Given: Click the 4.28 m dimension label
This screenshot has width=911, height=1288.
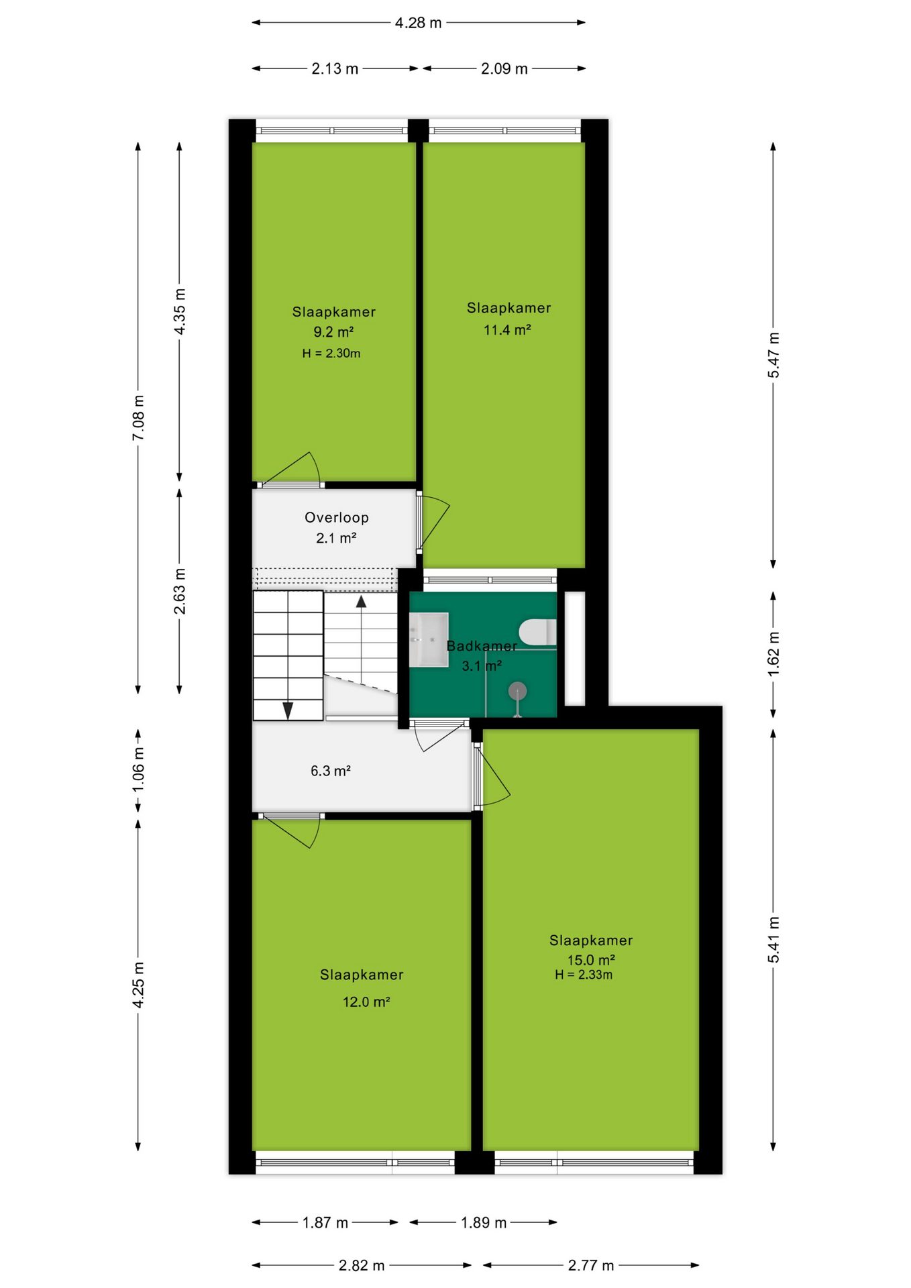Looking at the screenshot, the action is click(x=418, y=23).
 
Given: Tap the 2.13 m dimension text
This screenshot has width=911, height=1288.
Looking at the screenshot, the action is click(x=335, y=68).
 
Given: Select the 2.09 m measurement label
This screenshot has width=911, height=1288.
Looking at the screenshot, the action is click(x=504, y=68).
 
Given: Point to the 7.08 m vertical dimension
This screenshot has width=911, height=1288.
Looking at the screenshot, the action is click(x=138, y=418).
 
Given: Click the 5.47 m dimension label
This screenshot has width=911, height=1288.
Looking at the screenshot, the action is click(x=773, y=355).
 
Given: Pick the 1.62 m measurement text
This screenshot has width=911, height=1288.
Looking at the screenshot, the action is click(x=773, y=653).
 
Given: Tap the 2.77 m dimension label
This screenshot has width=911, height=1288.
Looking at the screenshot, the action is click(x=591, y=1265).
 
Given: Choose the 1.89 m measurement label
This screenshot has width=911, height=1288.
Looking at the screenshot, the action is click(x=484, y=1222).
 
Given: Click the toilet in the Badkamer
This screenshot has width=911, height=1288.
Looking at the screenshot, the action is click(x=537, y=632).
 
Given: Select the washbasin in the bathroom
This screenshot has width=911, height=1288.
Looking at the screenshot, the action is click(x=429, y=639).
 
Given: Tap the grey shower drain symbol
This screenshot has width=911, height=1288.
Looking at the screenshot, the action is click(x=517, y=690).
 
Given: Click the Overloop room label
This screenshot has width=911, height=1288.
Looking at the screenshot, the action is click(x=337, y=517).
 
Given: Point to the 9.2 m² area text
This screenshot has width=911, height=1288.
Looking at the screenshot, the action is click(x=333, y=331).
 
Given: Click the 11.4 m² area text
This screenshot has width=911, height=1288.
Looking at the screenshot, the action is click(x=507, y=329).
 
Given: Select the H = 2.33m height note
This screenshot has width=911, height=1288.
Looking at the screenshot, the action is click(x=584, y=975).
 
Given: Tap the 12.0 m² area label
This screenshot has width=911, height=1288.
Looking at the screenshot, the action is click(x=366, y=1002).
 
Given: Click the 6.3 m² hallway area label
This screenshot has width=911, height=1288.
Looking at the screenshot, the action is click(x=331, y=771).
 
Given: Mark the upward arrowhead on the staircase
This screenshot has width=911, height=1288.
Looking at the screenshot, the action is click(x=361, y=601).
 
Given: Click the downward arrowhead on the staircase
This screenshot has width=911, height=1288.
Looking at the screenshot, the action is click(x=288, y=710).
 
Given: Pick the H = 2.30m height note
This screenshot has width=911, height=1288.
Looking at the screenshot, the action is click(x=331, y=353).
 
